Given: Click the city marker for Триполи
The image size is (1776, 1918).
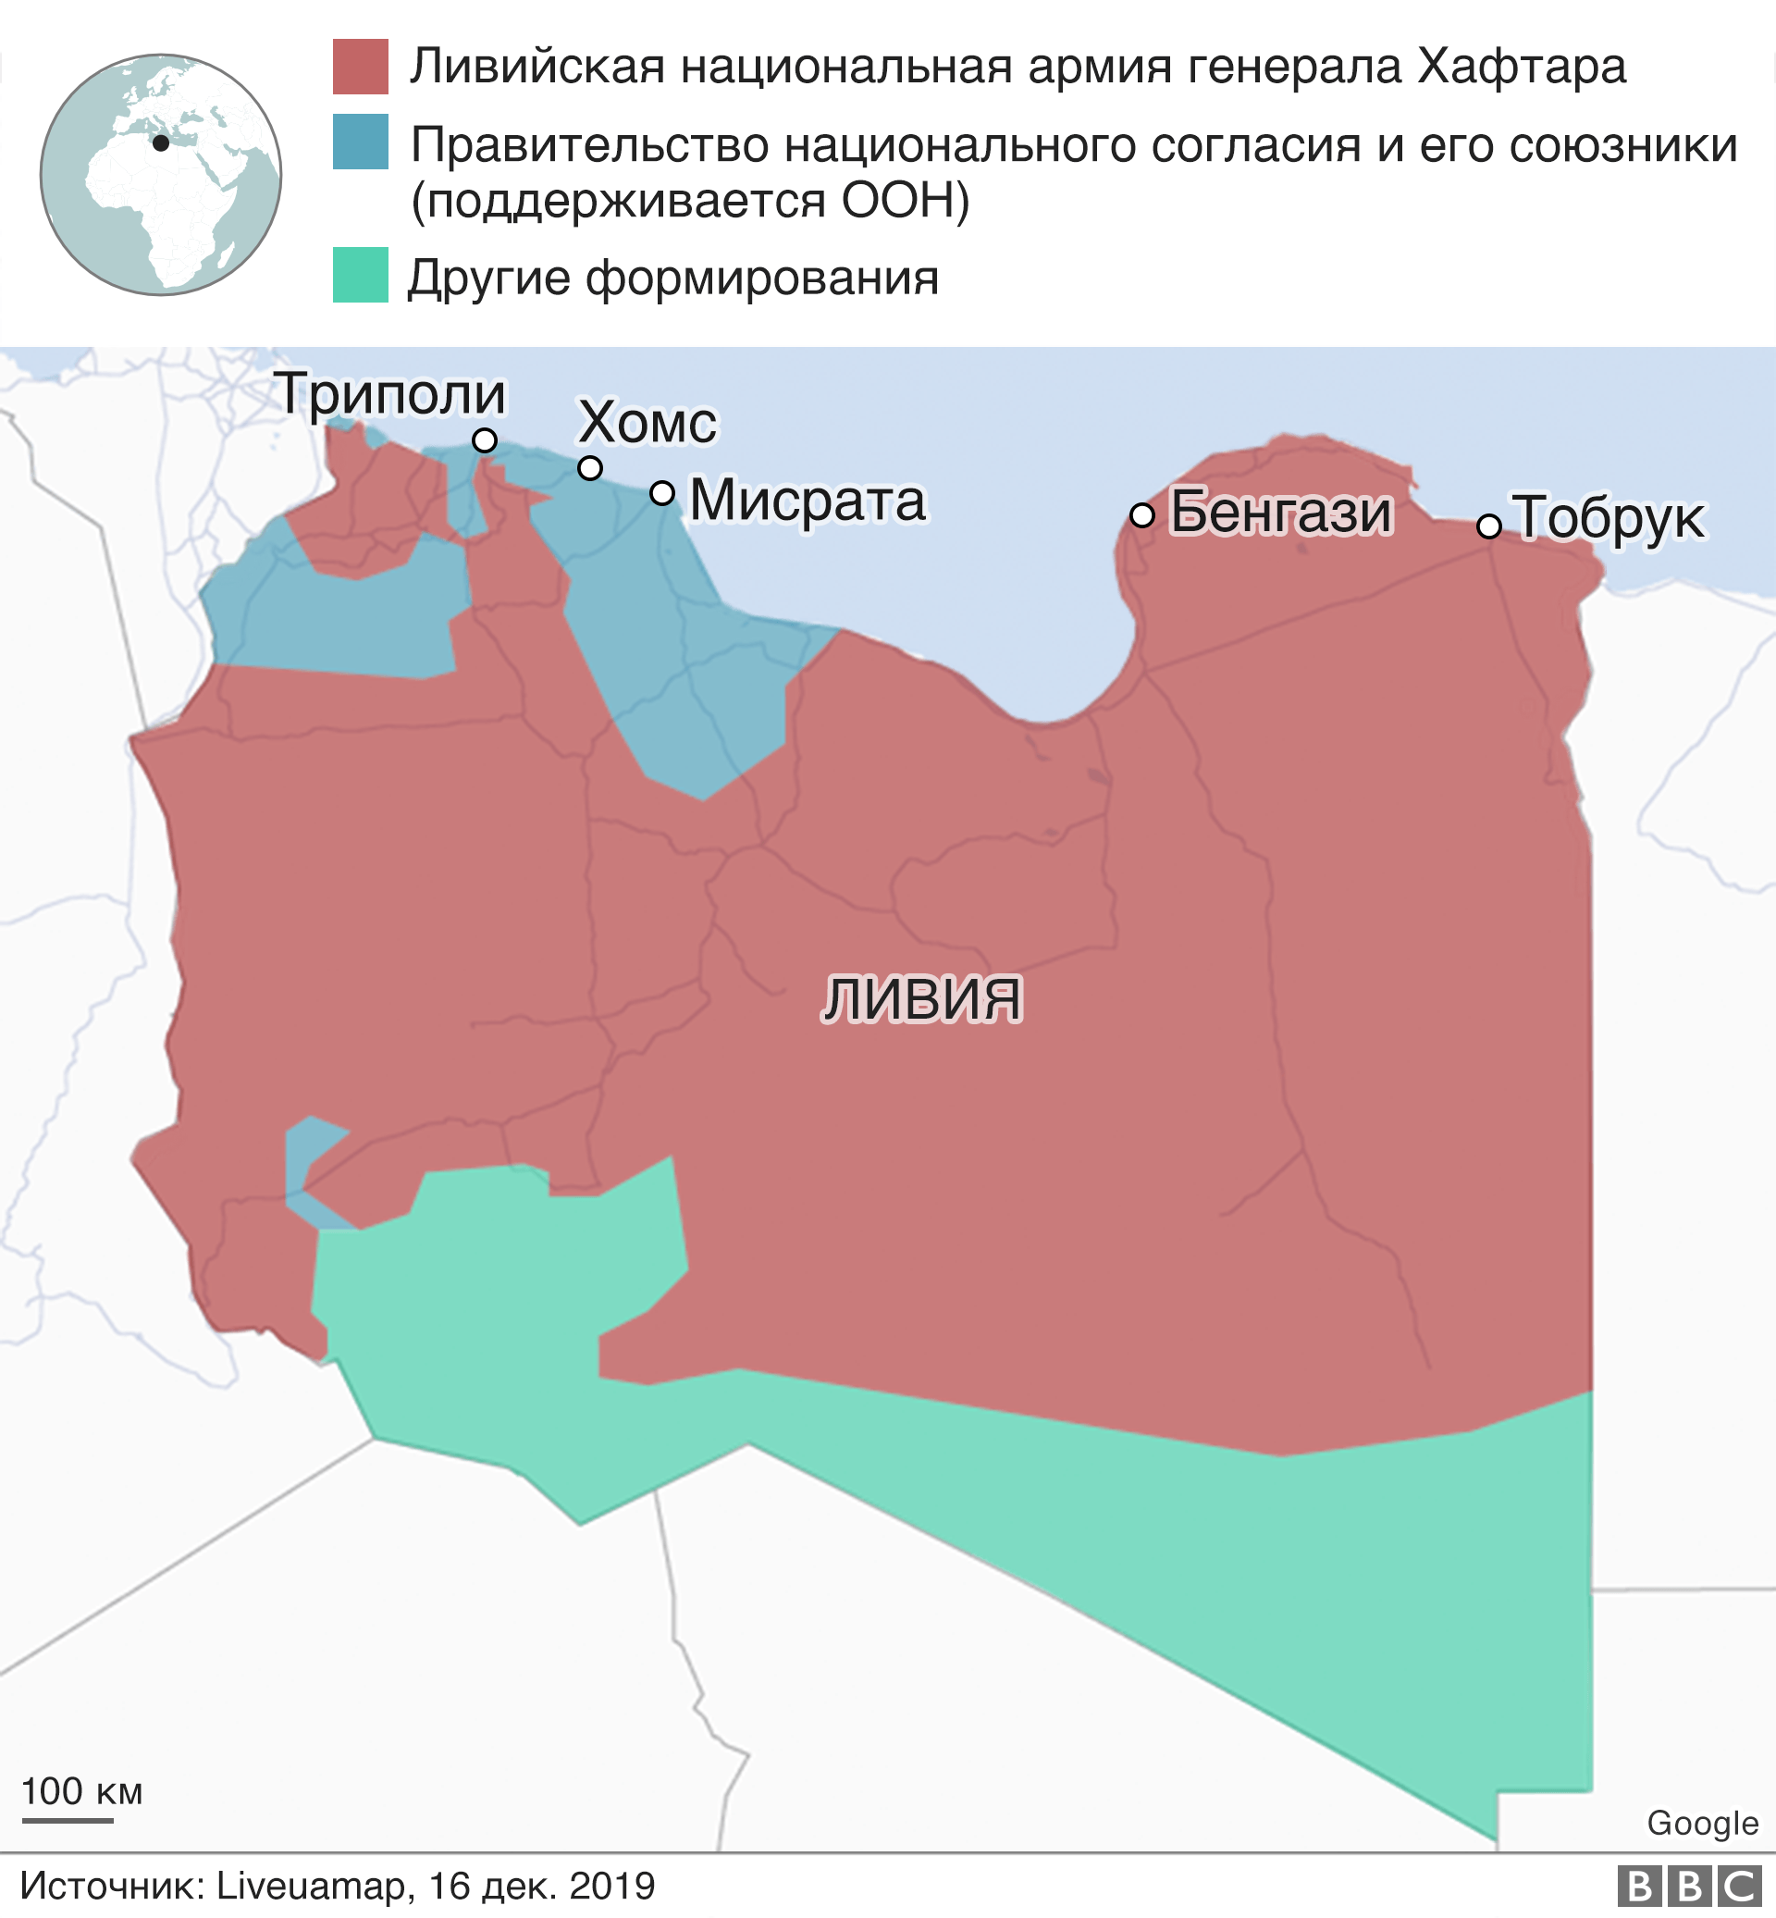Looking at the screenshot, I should tap(485, 440).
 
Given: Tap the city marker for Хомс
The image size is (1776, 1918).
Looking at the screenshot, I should tap(590, 468).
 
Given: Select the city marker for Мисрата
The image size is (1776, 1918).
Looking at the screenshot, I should tap(662, 493).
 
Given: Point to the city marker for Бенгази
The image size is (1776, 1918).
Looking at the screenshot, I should tap(1141, 515).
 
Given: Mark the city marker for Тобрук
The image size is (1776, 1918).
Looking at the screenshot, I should tap(1488, 526).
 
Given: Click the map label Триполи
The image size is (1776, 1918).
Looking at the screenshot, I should tap(390, 394).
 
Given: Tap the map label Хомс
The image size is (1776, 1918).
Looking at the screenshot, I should tap(647, 423).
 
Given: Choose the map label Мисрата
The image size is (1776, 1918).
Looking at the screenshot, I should tap(808, 501).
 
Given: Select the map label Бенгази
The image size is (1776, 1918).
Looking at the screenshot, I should tap(1280, 513).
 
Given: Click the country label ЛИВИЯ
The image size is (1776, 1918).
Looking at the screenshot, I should tap(921, 999).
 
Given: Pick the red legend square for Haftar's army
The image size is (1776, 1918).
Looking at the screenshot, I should tap(361, 67).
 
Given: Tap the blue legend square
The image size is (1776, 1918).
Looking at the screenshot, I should tap(361, 142).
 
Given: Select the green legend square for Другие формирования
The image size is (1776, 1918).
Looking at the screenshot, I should tap(361, 275).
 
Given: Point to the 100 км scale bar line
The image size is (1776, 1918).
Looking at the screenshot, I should tap(68, 1820).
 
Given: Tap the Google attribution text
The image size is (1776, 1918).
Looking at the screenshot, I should tap(1702, 1823).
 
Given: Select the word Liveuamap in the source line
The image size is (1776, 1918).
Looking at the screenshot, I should tap(314, 1887).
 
